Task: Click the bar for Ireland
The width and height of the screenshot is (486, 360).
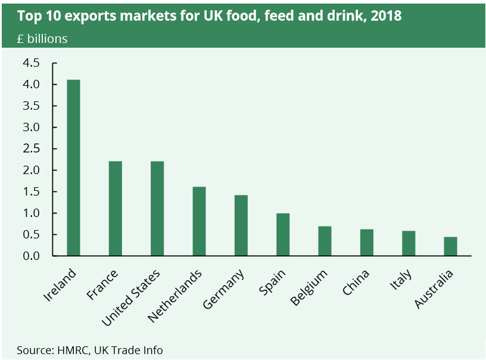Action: click(73, 167)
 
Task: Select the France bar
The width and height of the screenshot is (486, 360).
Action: click(115, 208)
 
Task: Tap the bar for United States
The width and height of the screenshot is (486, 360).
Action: click(157, 208)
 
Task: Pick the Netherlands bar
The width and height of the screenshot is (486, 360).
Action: click(199, 221)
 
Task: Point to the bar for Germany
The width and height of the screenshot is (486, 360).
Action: click(241, 225)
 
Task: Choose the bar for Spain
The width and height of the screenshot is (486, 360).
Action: click(283, 234)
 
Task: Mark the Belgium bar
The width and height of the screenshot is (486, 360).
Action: click(325, 241)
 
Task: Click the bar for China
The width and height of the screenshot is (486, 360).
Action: click(366, 242)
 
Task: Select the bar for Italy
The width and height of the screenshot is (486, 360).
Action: click(409, 243)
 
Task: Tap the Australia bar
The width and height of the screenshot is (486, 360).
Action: click(450, 246)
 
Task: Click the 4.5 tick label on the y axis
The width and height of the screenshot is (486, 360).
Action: click(31, 63)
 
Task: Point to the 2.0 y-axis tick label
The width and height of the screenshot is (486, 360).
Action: click(31, 170)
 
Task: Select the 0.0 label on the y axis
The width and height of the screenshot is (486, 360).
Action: click(31, 256)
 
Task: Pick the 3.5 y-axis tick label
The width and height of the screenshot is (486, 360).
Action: click(31, 106)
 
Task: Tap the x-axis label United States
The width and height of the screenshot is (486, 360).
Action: click(131, 298)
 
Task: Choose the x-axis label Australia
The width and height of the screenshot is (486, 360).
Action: click(434, 290)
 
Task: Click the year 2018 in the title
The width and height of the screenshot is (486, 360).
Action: click(386, 16)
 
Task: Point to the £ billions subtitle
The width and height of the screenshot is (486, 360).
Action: click(42, 39)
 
